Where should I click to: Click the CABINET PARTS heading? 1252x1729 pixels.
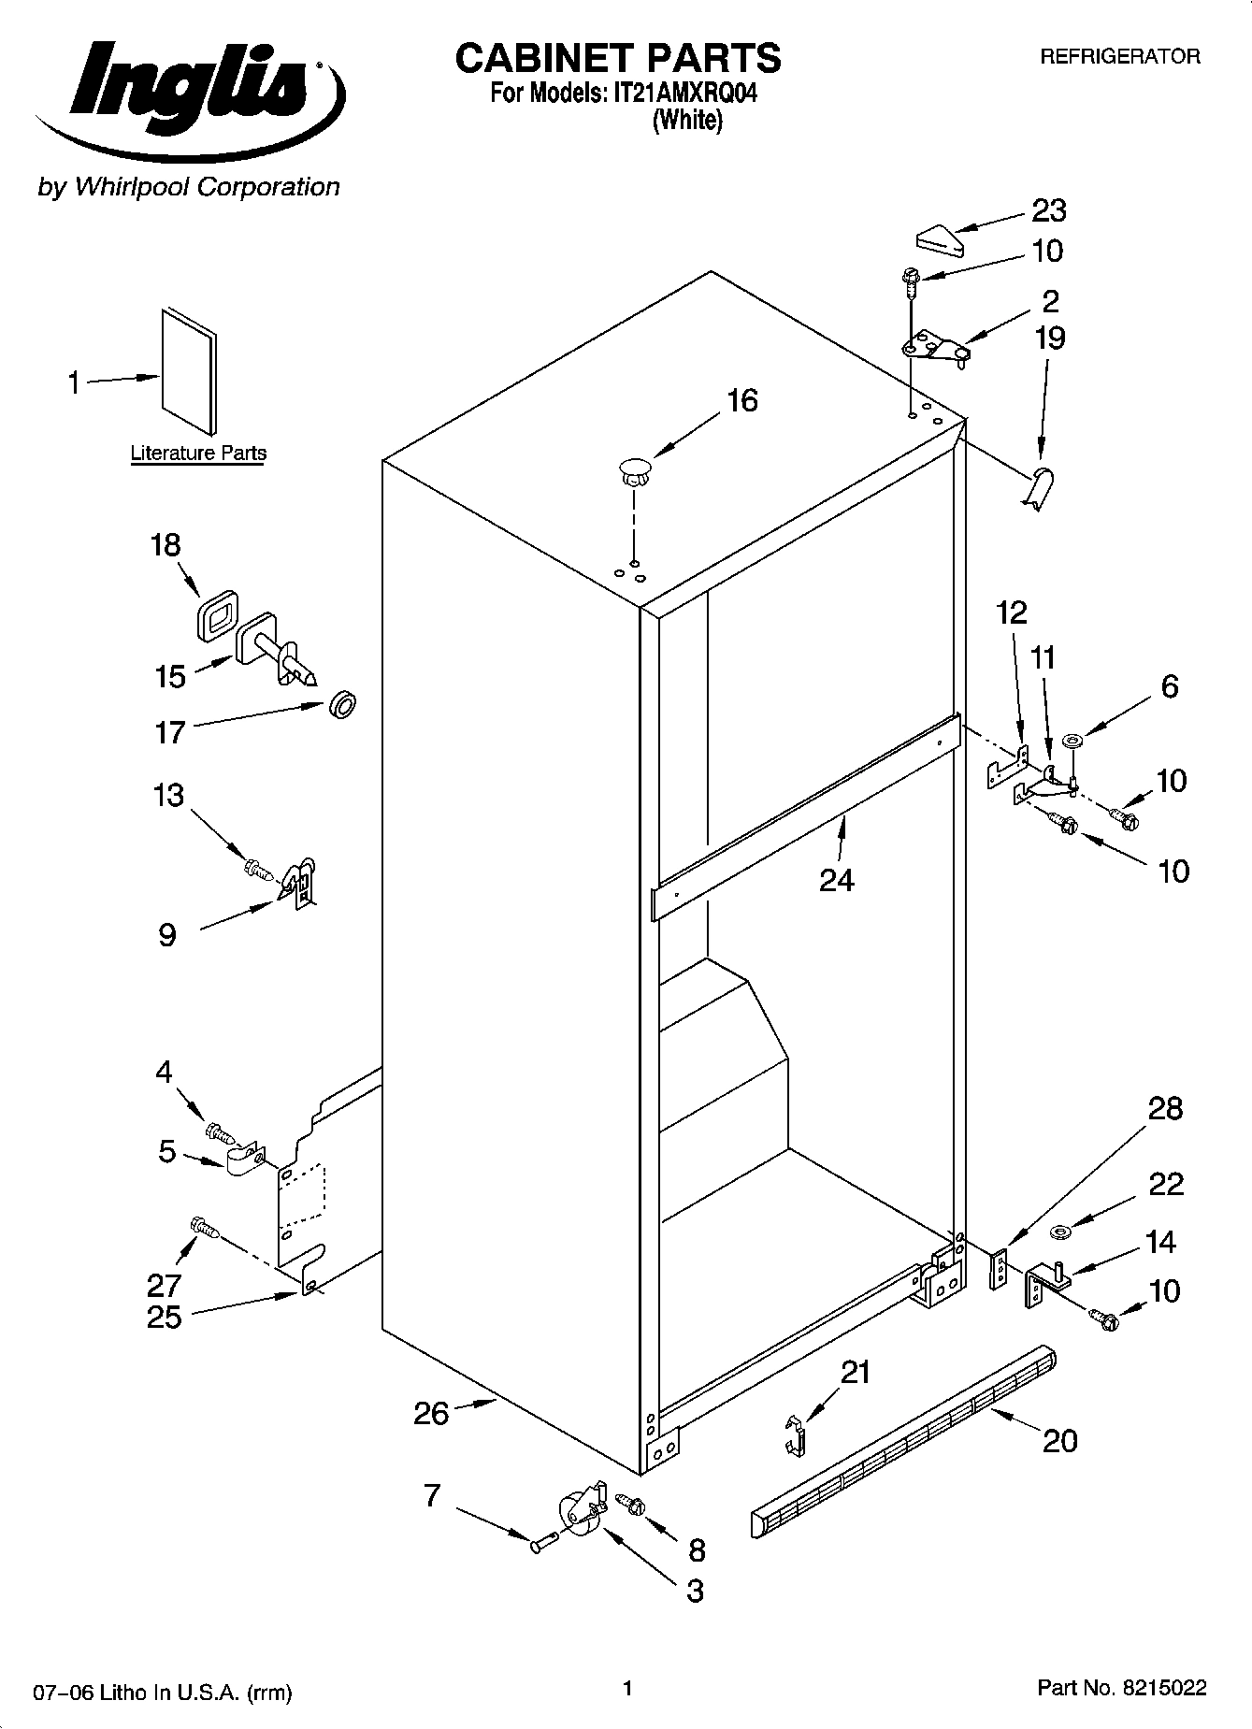tap(617, 58)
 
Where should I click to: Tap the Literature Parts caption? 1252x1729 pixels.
tap(198, 454)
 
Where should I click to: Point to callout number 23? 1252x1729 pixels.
tap(1048, 211)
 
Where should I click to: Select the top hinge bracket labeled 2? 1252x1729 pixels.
tap(935, 347)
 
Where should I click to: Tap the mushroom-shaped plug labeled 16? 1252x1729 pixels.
tap(634, 470)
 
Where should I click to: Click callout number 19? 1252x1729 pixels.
tap(1049, 338)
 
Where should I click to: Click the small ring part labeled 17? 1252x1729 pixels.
tap(343, 704)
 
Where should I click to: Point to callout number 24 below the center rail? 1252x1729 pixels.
tap(837, 880)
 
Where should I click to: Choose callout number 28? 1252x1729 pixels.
tap(1165, 1109)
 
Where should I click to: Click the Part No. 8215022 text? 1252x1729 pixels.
tap(1121, 1689)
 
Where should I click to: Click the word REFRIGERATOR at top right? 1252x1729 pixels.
tap(1120, 57)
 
